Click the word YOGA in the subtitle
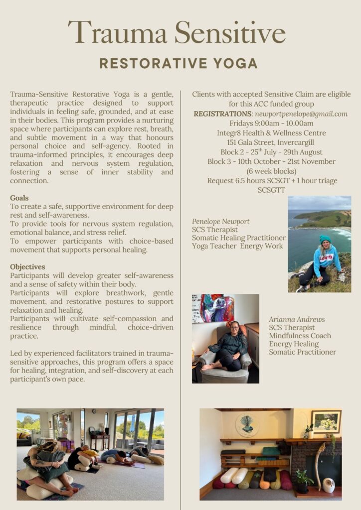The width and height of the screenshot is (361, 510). [233, 64]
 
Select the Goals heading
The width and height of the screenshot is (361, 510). [19, 198]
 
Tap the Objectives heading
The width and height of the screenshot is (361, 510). [27, 267]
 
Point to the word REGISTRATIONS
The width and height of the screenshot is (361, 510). [222, 114]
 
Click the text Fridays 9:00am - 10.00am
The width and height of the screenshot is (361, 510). [271, 124]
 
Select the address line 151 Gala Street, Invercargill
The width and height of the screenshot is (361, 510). [271, 142]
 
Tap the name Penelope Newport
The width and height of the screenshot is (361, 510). [220, 222]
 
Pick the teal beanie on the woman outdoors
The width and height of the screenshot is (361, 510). [325, 240]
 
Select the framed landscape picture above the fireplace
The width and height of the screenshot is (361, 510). [326, 422]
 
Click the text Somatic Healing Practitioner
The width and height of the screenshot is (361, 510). [239, 238]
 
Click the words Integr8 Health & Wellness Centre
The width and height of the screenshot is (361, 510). [271, 133]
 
